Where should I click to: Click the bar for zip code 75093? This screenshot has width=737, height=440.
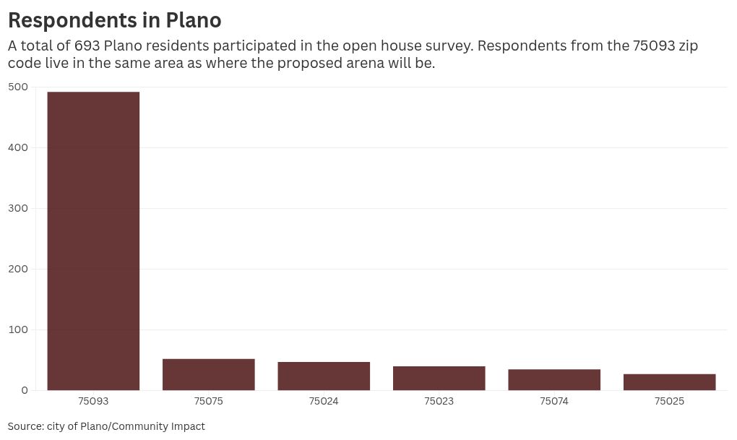click(93, 241)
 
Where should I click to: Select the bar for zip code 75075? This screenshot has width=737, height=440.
click(209, 374)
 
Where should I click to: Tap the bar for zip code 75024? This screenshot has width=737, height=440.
click(324, 376)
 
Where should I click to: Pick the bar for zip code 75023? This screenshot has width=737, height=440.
click(439, 378)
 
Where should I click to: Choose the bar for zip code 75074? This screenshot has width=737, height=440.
click(554, 380)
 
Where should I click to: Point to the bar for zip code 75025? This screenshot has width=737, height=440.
click(669, 382)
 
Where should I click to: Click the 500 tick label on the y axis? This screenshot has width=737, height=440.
click(18, 87)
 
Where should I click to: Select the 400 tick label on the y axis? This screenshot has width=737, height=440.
click(18, 147)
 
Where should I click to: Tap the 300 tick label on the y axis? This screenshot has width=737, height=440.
click(18, 208)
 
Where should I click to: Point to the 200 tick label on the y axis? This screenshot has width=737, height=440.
click(18, 269)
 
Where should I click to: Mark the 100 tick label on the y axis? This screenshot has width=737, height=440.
click(18, 329)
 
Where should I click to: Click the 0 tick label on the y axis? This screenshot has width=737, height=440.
click(25, 390)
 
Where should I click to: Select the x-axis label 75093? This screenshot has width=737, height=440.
click(93, 401)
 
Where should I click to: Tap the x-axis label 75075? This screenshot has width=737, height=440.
click(209, 401)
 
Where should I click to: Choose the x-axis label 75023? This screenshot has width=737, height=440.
click(439, 401)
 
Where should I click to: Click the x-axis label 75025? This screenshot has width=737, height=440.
click(669, 401)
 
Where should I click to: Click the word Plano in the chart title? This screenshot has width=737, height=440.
click(193, 20)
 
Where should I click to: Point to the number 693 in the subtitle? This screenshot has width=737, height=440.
click(87, 46)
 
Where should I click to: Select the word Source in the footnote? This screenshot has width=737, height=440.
click(25, 426)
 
